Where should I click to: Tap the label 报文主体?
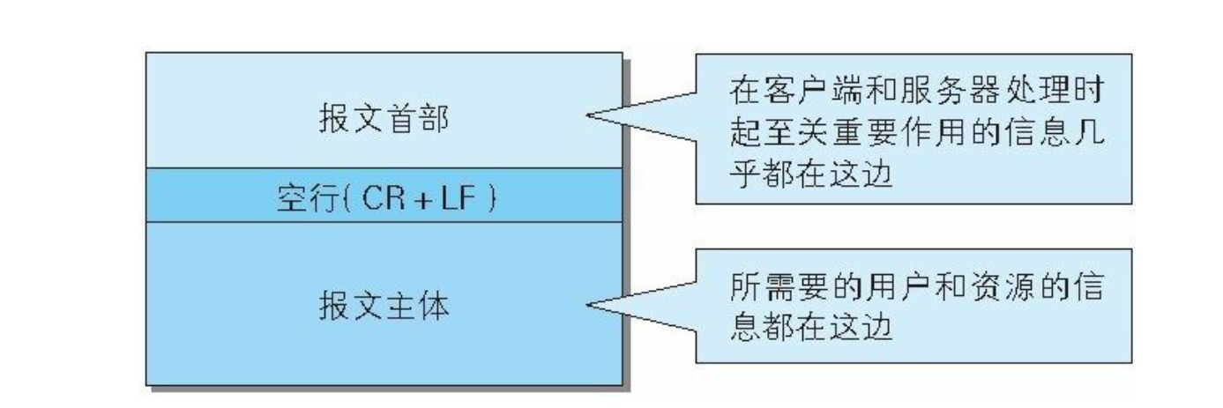pos(384,308)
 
